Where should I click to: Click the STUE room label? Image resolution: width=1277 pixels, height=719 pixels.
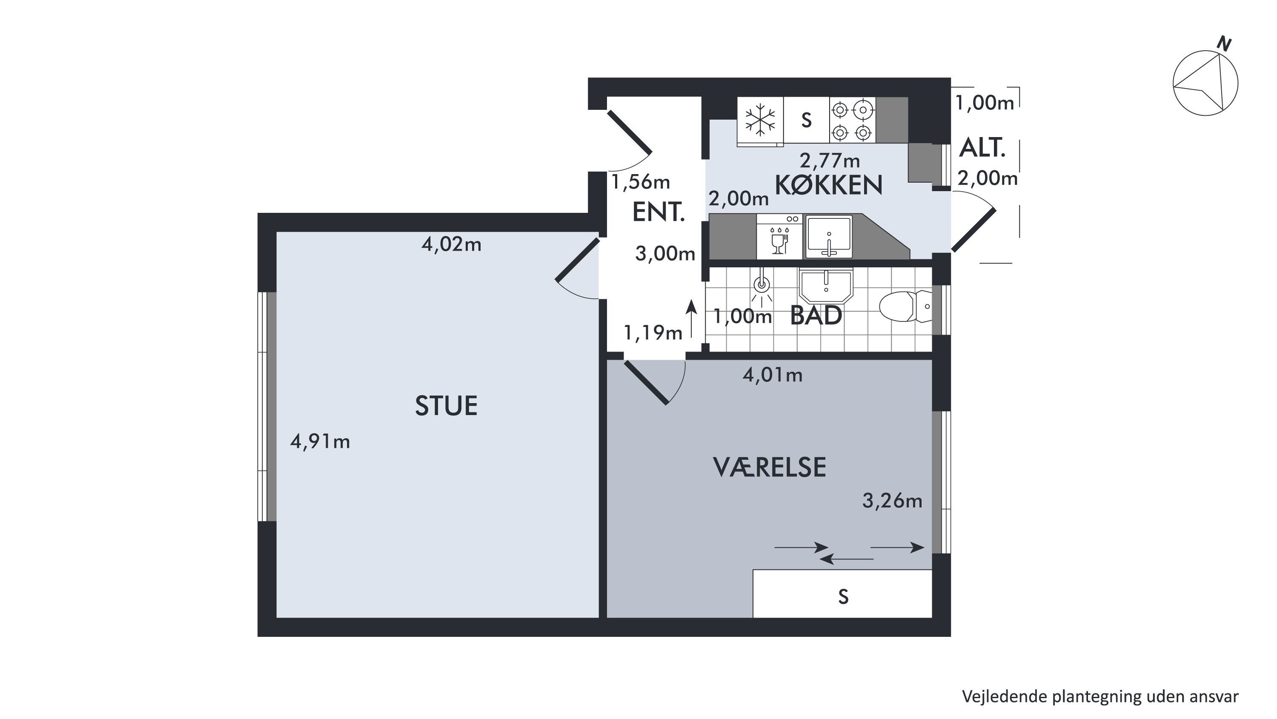point(446,406)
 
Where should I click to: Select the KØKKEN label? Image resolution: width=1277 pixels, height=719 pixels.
point(829,185)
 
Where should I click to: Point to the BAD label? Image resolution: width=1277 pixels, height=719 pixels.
point(816,315)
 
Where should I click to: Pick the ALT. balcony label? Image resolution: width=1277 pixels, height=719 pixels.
point(982,148)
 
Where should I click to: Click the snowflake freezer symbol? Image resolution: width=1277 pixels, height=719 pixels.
point(760,120)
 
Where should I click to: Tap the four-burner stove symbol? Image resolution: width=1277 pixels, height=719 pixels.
point(852,120)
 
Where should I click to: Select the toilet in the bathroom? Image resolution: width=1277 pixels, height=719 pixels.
point(905,307)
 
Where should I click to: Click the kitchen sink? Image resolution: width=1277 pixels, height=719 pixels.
point(828,237)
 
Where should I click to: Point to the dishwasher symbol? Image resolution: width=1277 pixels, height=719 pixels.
point(779,237)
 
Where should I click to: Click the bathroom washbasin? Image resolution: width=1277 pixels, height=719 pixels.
point(826,286)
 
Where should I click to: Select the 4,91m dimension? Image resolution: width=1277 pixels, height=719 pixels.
point(320,441)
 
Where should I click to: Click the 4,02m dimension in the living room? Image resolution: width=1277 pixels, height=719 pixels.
point(451,244)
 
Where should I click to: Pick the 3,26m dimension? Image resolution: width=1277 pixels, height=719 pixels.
point(892,501)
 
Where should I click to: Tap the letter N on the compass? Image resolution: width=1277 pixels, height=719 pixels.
point(1224,45)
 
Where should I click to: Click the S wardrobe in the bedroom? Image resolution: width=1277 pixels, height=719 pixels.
point(843,593)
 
